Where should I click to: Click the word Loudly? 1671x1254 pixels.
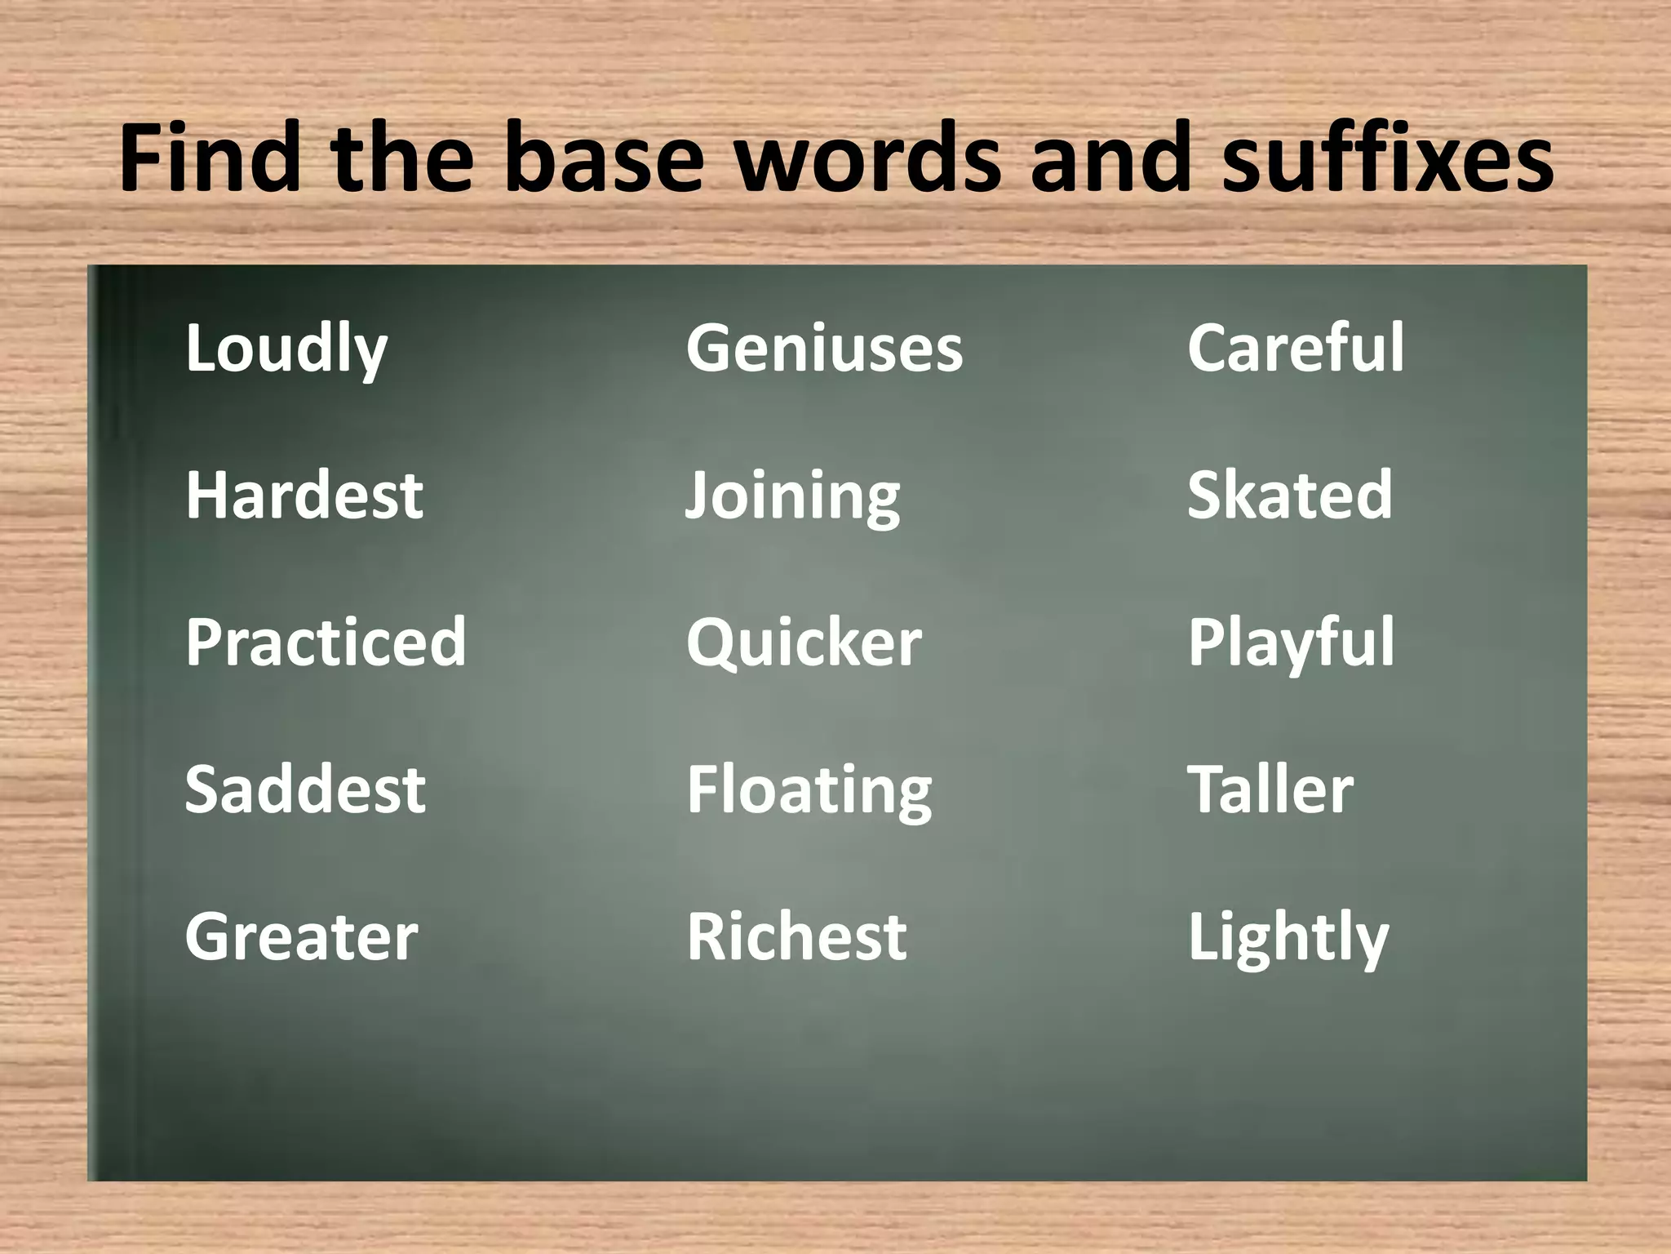point(286,349)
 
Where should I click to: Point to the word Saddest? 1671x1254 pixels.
point(304,789)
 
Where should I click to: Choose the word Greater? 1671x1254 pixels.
point(301,936)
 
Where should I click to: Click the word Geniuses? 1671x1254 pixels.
point(824,349)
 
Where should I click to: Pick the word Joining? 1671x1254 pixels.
point(792,496)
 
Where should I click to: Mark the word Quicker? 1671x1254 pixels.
point(804,643)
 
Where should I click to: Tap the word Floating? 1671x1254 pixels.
point(809,790)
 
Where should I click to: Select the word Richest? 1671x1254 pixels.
point(796,936)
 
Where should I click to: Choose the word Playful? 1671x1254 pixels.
point(1291,643)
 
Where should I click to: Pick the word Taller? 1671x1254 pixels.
point(1270,789)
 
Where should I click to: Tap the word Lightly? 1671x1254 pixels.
point(1288,938)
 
